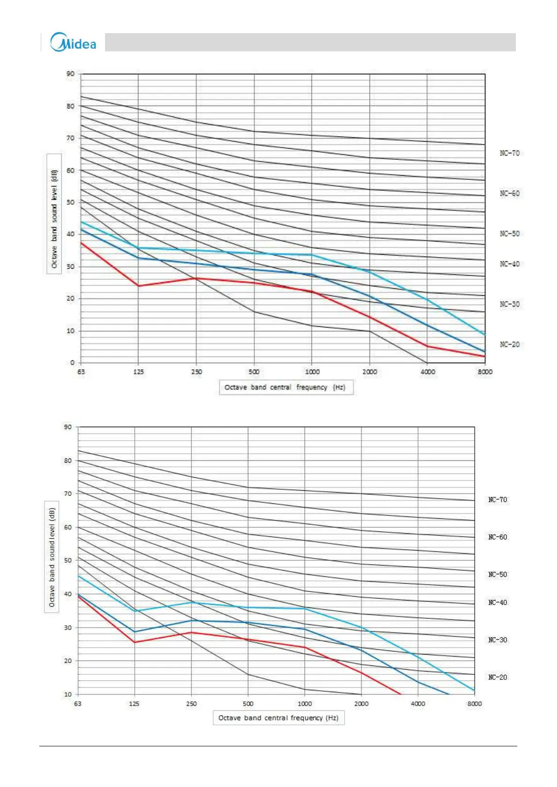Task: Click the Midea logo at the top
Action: (73, 42)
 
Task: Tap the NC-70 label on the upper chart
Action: (509, 153)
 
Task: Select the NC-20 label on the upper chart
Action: (509, 344)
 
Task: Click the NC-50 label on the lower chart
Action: (497, 574)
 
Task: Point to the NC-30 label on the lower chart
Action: (497, 640)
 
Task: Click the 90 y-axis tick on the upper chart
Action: (70, 73)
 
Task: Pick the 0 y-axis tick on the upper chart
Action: (72, 363)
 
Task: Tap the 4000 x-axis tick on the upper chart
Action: (427, 372)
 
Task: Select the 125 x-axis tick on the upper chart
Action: (138, 372)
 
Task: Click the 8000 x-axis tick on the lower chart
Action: (474, 704)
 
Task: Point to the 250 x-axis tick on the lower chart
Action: (191, 704)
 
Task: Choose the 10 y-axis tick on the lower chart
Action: (68, 694)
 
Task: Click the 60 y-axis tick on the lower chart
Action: (68, 527)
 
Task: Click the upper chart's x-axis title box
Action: (286, 387)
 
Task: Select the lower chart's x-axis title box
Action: (279, 718)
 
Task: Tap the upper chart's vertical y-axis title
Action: (54, 213)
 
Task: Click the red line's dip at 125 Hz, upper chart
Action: (138, 286)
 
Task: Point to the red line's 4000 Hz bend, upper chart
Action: (427, 346)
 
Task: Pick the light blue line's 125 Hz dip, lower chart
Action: (135, 611)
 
